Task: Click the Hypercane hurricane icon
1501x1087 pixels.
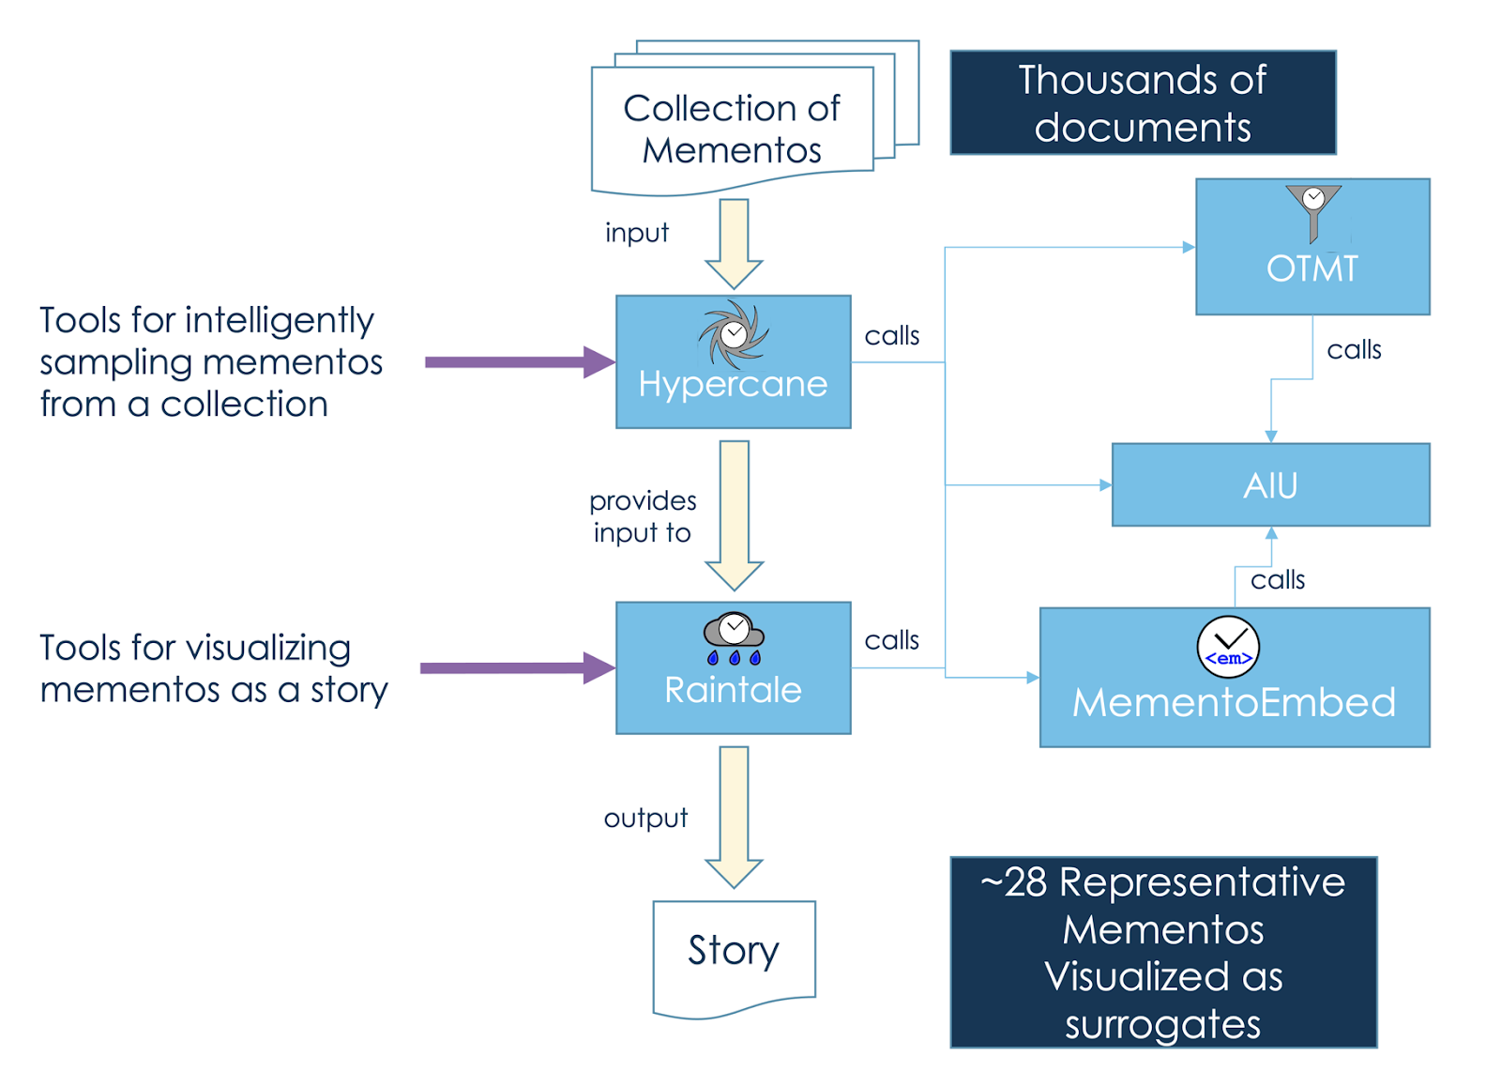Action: pyautogui.click(x=734, y=334)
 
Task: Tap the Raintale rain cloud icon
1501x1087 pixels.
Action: pyautogui.click(x=734, y=638)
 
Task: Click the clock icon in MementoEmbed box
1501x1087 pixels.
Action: pyautogui.click(x=1228, y=647)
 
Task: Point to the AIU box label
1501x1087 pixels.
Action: pyautogui.click(x=1270, y=485)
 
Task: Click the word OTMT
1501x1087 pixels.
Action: pyautogui.click(x=1311, y=269)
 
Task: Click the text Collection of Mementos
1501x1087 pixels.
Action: pyautogui.click(x=732, y=129)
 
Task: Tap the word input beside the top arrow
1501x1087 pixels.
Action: pyautogui.click(x=637, y=233)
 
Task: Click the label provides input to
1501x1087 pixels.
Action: pyautogui.click(x=643, y=516)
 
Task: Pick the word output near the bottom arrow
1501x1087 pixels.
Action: pyautogui.click(x=645, y=818)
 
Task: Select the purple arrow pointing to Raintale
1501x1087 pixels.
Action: pyautogui.click(x=516, y=668)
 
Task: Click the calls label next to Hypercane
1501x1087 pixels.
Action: pyautogui.click(x=891, y=336)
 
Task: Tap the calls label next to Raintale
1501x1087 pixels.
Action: pyautogui.click(x=891, y=640)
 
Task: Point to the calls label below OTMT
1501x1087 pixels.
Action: pyautogui.click(x=1354, y=350)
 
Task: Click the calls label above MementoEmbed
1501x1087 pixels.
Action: pyautogui.click(x=1278, y=580)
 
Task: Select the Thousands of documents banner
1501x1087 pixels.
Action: pyautogui.click(x=1143, y=103)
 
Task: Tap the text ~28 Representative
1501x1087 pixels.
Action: pyautogui.click(x=1163, y=883)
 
